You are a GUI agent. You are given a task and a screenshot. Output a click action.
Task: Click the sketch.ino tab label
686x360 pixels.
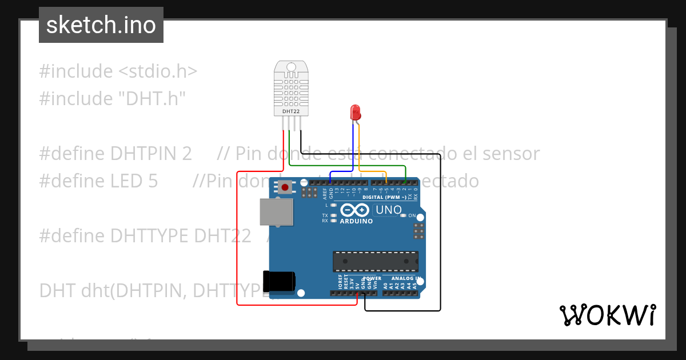coord(101,25)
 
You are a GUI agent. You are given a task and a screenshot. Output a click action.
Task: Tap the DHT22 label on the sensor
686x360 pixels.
coord(291,112)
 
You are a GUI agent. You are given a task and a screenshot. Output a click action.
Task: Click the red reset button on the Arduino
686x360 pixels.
coord(285,186)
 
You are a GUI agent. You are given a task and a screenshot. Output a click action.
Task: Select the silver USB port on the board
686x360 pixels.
coord(276,211)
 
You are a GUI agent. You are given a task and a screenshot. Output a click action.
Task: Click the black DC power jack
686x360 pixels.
coord(278,281)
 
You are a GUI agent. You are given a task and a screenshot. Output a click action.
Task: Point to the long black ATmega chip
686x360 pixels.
coord(376,261)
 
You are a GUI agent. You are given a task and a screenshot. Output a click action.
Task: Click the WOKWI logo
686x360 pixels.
coord(607,315)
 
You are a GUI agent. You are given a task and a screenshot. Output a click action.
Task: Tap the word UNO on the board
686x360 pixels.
coord(389,210)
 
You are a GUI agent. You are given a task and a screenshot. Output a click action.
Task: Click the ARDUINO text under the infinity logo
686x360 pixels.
coord(356,221)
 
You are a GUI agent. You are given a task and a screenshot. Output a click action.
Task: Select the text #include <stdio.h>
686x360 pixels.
coord(118,71)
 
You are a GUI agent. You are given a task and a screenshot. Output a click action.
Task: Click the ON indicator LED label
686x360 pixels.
coord(412,215)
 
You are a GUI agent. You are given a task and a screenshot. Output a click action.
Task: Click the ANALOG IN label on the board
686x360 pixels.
coord(405,278)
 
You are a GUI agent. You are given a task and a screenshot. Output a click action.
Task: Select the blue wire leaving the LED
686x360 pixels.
coord(353,149)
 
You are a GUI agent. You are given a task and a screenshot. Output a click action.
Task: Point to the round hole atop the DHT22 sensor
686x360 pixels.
coord(291,67)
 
